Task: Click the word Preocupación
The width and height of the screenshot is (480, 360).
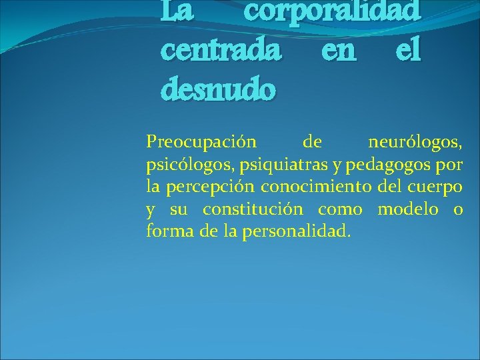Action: pos(200,142)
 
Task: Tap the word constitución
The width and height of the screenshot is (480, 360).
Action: pos(253,209)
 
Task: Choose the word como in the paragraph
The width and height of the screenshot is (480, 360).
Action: pos(340,209)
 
